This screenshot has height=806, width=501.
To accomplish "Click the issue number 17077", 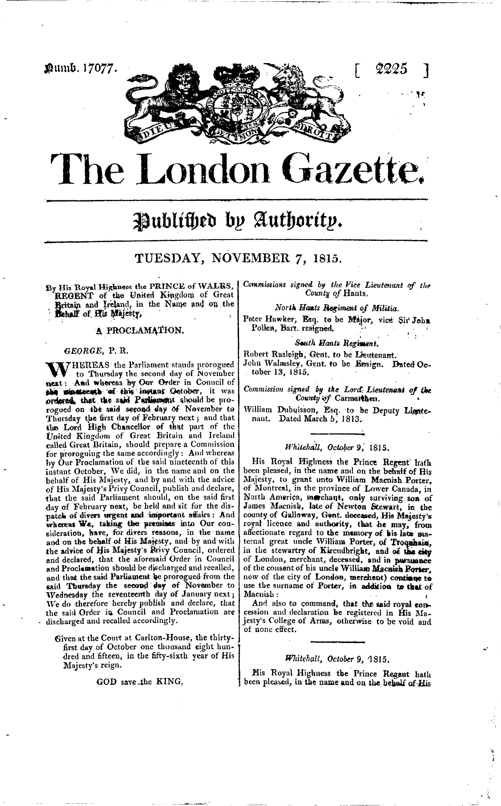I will [105, 69].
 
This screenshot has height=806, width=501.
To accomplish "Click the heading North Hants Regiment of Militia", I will [337, 308].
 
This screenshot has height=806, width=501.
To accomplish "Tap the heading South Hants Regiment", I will [337, 344].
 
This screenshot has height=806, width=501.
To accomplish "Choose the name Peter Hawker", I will [268, 318].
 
